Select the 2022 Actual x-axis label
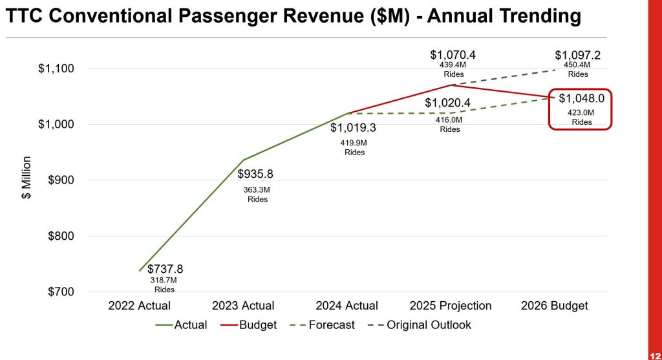[x=140, y=306]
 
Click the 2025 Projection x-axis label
[x=451, y=306]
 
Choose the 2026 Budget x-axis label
[x=555, y=306]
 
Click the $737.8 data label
[x=165, y=269]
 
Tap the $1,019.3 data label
[x=353, y=128]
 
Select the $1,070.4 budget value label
[x=453, y=56]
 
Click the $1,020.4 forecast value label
[x=448, y=103]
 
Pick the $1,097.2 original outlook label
[x=578, y=56]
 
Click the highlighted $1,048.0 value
[x=581, y=99]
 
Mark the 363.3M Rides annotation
[x=258, y=194]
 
